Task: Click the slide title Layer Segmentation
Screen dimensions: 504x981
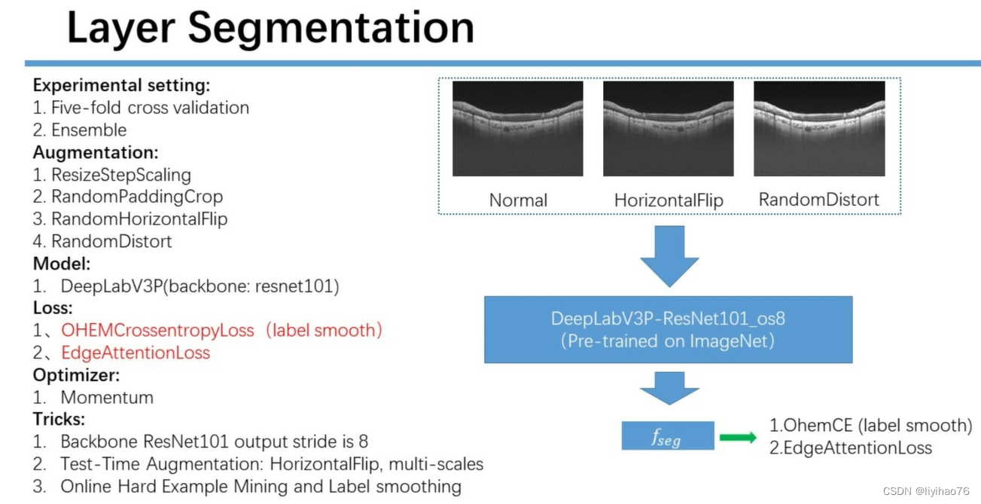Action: point(270,28)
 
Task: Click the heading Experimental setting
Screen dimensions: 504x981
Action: point(121,85)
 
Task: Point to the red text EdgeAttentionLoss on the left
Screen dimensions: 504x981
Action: point(136,353)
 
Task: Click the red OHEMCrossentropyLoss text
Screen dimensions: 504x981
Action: point(158,330)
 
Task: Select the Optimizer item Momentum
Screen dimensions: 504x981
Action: point(106,397)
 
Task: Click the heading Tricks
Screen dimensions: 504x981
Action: point(59,419)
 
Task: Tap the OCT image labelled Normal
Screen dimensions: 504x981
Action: point(518,129)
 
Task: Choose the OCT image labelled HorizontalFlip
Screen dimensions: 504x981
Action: point(669,129)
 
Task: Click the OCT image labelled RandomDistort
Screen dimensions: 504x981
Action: point(818,129)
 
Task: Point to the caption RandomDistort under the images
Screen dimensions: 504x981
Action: point(818,200)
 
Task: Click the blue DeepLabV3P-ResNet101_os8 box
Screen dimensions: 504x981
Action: point(668,329)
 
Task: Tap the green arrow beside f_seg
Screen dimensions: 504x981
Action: point(738,437)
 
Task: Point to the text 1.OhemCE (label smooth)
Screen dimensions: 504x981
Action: point(870,426)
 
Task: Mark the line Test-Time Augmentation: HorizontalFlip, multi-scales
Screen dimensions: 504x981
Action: point(272,464)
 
